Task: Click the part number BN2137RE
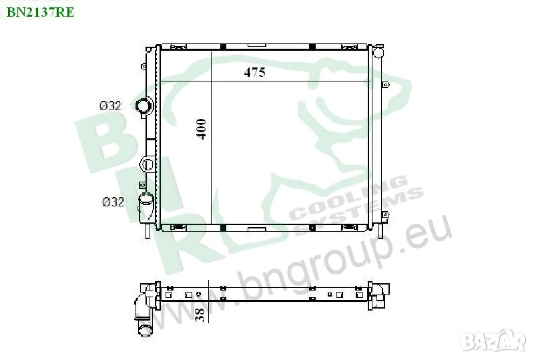click(40, 12)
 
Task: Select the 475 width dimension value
click(255, 72)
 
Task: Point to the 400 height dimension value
click(201, 129)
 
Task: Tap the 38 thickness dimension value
click(201, 315)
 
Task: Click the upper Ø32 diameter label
click(110, 106)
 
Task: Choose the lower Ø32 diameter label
click(113, 202)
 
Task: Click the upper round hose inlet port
click(144, 106)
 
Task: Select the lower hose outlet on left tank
click(146, 207)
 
